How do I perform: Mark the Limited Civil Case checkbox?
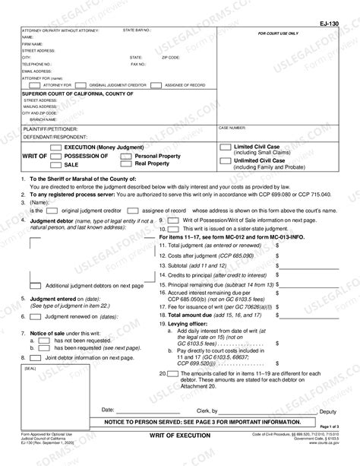[x=226, y=145]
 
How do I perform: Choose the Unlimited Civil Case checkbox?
[x=226, y=160]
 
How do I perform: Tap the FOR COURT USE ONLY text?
[x=278, y=34]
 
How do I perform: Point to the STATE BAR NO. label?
[x=137, y=30]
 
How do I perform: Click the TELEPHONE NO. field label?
[x=36, y=64]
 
